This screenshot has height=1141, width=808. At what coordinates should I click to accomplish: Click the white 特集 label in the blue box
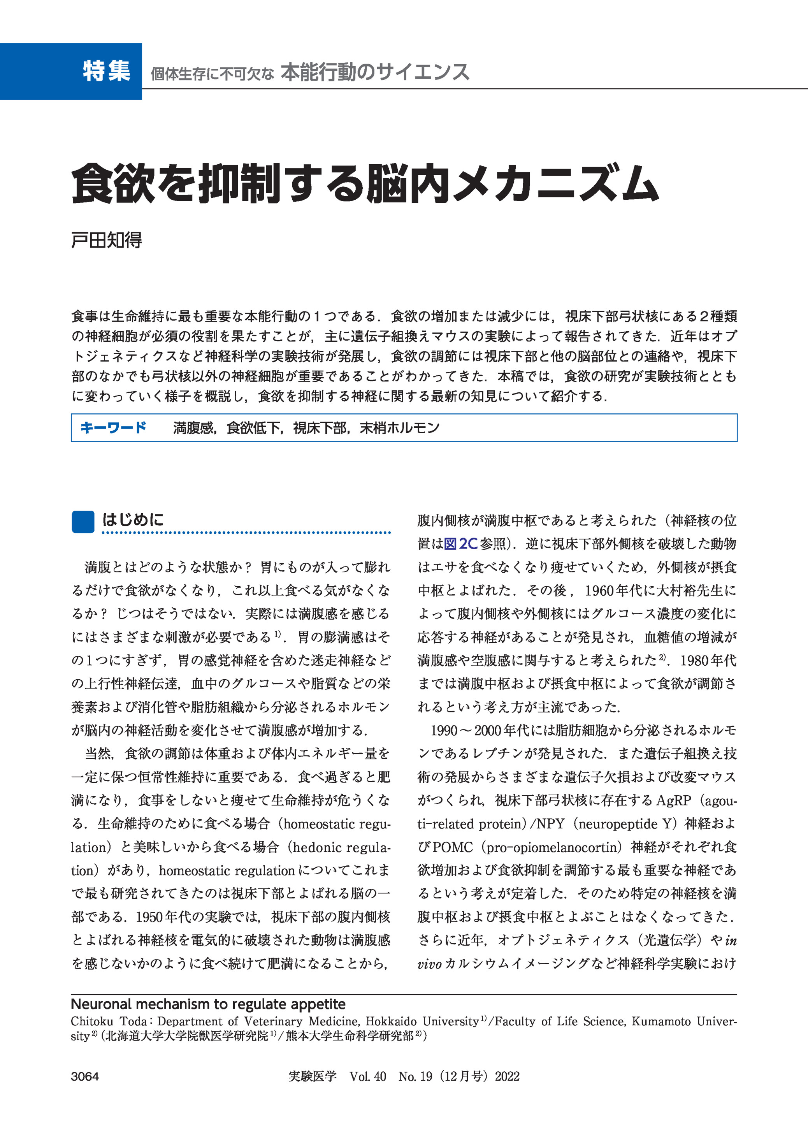click(107, 71)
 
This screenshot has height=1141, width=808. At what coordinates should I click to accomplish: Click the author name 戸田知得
click(107, 240)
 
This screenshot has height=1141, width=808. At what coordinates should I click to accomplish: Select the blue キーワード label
click(113, 427)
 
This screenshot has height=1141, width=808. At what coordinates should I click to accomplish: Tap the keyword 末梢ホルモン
click(399, 428)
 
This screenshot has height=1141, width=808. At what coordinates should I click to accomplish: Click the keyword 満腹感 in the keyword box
click(193, 428)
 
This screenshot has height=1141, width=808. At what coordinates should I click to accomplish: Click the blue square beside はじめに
click(83, 522)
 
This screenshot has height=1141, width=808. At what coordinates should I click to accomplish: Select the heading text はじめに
click(133, 520)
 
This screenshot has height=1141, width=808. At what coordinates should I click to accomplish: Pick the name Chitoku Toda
click(109, 1021)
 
